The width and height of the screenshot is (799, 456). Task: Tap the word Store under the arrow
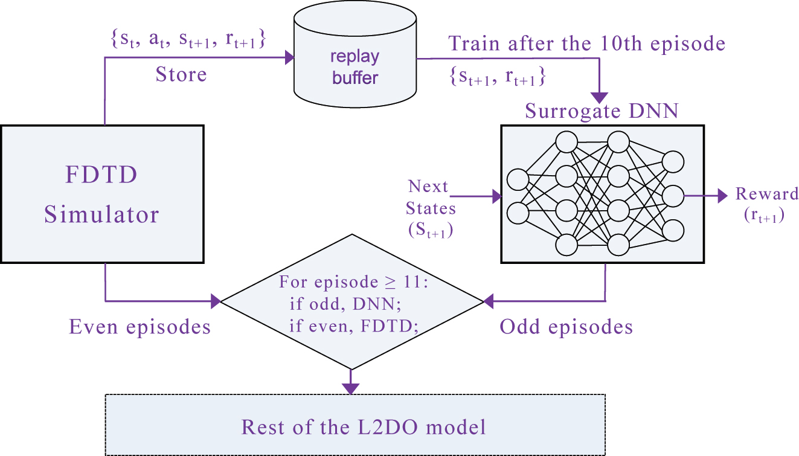[x=181, y=75]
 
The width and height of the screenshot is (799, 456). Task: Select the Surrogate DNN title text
[x=602, y=111]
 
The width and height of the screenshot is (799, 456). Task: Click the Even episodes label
[x=140, y=327]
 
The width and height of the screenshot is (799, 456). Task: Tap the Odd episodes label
[x=566, y=327]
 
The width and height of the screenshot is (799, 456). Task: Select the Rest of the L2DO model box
[x=355, y=426]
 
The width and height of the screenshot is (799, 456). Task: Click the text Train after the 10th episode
[x=586, y=43]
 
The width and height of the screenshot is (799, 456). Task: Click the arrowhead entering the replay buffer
[x=288, y=58]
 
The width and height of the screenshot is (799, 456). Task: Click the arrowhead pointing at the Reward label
[x=721, y=196]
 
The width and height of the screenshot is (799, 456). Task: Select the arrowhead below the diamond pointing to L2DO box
[x=350, y=388]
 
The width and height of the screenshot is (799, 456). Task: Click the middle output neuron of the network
[x=673, y=196]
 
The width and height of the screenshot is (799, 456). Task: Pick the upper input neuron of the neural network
[x=518, y=180]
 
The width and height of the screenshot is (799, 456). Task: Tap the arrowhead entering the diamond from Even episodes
[x=216, y=300]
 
